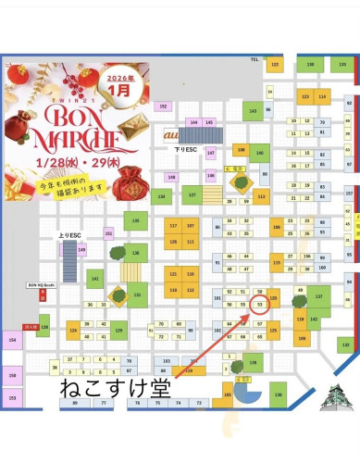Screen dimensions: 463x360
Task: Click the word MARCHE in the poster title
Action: point(78,140)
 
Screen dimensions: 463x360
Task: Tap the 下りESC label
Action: point(187,148)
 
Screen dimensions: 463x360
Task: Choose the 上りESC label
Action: point(69,236)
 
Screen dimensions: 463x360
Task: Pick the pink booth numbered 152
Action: point(164,106)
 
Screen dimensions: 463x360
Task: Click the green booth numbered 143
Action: point(253,111)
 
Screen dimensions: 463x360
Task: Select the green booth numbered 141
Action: point(95,278)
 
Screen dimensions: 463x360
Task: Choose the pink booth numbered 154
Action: point(12,340)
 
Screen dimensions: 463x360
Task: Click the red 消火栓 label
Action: point(31,327)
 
